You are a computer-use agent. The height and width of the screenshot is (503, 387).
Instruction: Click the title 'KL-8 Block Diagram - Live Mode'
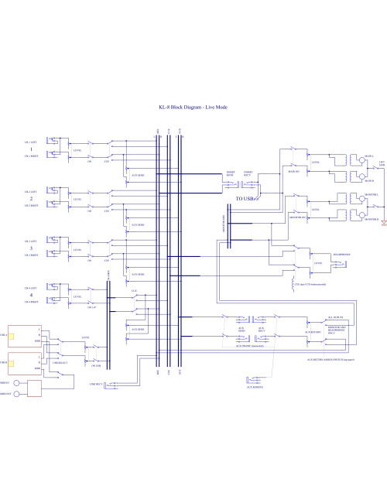pos(193,108)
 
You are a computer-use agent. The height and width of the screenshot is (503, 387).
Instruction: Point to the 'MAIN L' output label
pos(357,156)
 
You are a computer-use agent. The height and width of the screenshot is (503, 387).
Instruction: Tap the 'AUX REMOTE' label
pos(254,386)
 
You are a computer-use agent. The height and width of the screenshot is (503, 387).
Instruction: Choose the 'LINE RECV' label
pos(108,385)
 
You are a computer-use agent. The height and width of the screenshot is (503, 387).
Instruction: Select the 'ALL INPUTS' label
pos(336,317)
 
